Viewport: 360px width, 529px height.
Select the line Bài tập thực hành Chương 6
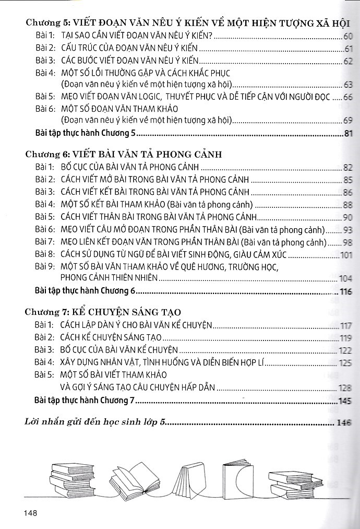85,291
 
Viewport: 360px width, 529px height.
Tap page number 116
346,292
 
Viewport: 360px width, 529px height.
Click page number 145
346,401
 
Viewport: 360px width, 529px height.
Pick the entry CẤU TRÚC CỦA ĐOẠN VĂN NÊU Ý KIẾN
129,49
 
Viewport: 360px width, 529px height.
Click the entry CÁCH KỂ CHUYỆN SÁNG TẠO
111,337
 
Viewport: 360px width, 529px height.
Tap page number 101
346,255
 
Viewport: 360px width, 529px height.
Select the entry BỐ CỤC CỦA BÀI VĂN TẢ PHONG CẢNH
130,168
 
